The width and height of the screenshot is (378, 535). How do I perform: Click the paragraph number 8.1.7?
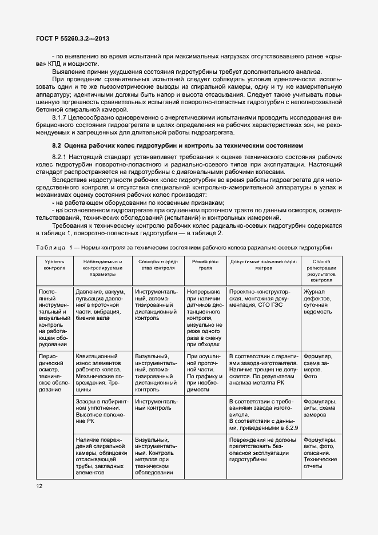tap(61, 117)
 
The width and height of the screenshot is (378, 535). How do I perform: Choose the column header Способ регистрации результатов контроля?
tap(321, 271)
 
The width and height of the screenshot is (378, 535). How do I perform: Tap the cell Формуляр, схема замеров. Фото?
tap(320, 366)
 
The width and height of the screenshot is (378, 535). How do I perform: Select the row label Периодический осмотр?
tap(54, 372)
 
